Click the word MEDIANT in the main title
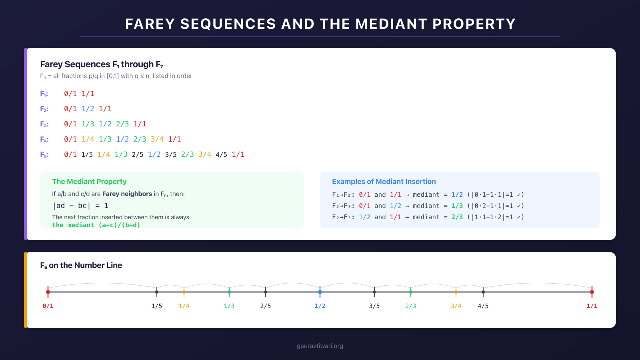[391, 24]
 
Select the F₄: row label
[44, 139]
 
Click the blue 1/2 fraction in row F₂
[88, 109]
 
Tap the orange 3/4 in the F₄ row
[157, 139]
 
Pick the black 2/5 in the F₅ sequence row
[138, 154]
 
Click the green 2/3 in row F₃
[122, 124]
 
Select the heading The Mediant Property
[89, 182]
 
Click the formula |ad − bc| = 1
[80, 206]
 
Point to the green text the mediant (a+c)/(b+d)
[96, 225]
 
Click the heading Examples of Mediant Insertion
[384, 182]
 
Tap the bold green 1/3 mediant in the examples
[457, 206]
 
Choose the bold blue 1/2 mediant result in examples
[457, 195]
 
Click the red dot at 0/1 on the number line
[48, 292]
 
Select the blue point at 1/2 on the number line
[320, 292]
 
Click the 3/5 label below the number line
[374, 306]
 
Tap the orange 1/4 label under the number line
[184, 306]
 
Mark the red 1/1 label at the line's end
[592, 306]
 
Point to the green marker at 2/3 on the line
[411, 292]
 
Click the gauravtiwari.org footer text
[320, 346]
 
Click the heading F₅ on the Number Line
[81, 265]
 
